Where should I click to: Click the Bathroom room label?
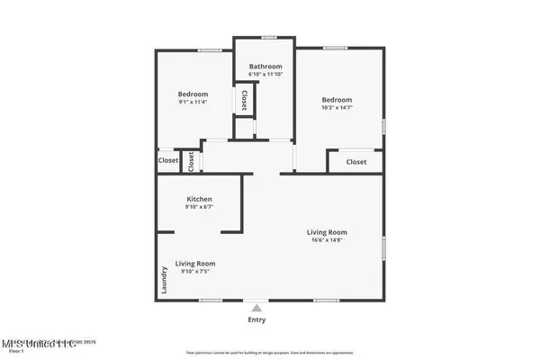[x=265, y=67]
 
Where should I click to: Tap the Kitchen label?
[x=199, y=199]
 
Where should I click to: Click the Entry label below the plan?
[x=256, y=319]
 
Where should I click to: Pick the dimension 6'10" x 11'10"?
[x=265, y=76]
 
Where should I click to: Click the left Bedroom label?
[x=193, y=94]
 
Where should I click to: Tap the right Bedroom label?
[x=337, y=100]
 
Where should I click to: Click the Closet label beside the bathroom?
[x=244, y=99]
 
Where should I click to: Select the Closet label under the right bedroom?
[x=356, y=162]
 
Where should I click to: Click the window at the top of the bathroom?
[x=268, y=38]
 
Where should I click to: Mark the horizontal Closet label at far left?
[x=168, y=160]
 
